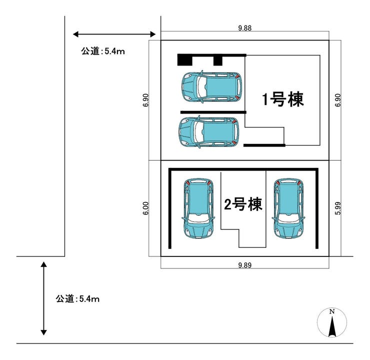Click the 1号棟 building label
click(x=283, y=99)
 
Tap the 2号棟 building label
click(x=242, y=204)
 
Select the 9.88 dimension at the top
click(x=244, y=28)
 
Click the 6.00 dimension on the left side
click(x=146, y=208)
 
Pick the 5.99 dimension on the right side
click(x=338, y=208)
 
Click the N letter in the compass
click(x=332, y=311)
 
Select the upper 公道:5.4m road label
click(x=102, y=51)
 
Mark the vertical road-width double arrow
click(x=44, y=298)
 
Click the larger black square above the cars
click(x=184, y=60)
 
